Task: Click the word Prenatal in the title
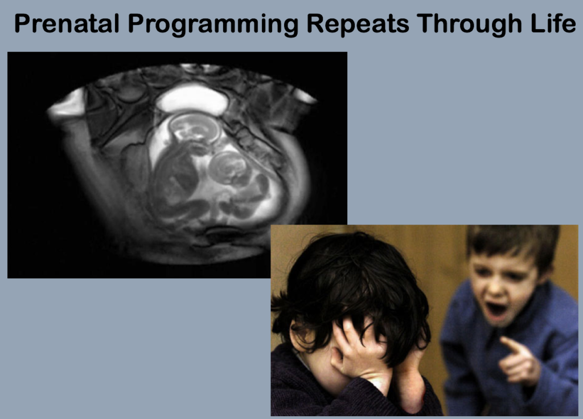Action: coord(67,23)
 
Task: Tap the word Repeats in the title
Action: coord(358,25)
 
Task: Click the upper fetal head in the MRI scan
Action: coord(194,128)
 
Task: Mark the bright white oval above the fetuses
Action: coord(192,99)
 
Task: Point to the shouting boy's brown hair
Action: coord(513,242)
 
